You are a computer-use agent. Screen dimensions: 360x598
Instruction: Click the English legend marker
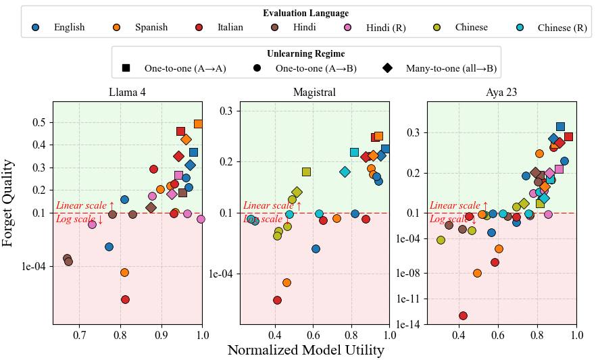[x=36, y=28]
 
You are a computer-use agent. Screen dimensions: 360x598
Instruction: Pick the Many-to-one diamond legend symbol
[x=388, y=68]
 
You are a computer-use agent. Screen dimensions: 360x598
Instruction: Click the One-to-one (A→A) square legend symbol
[x=126, y=68]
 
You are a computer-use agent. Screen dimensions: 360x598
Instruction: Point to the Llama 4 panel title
[x=127, y=93]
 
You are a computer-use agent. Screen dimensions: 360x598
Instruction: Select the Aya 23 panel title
[x=501, y=93]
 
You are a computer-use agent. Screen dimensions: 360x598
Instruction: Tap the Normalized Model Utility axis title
[x=305, y=350]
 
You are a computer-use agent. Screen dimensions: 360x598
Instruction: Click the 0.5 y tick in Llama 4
[x=39, y=122]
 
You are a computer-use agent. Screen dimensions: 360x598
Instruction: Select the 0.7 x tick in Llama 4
[x=80, y=335]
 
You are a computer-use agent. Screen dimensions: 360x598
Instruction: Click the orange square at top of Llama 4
[x=199, y=124]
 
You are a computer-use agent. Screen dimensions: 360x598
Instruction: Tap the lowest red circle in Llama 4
[x=125, y=299]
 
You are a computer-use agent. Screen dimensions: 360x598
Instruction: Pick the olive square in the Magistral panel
[x=306, y=172]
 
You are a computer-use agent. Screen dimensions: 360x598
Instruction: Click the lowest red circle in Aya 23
[x=463, y=315]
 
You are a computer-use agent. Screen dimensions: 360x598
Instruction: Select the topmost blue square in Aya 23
[x=560, y=126]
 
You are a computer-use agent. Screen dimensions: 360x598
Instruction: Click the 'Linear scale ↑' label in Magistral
[x=272, y=205]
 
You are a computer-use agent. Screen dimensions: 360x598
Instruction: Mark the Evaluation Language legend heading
[x=305, y=13]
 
